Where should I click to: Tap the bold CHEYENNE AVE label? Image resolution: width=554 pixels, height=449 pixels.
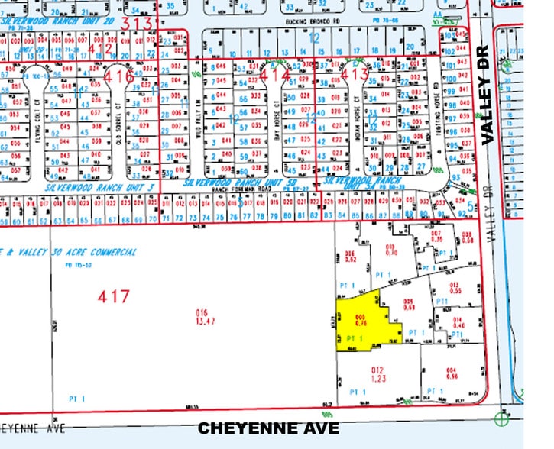tap(268, 428)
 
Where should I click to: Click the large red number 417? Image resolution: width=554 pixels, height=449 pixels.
tap(114, 295)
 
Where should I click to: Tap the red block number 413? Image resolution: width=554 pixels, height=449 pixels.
tap(355, 74)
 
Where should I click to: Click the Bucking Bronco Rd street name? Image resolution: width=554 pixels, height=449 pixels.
tap(309, 24)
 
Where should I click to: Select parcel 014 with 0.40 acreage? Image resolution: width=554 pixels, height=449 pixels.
tap(459, 323)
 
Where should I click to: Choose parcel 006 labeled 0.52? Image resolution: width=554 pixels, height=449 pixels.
tap(352, 256)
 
